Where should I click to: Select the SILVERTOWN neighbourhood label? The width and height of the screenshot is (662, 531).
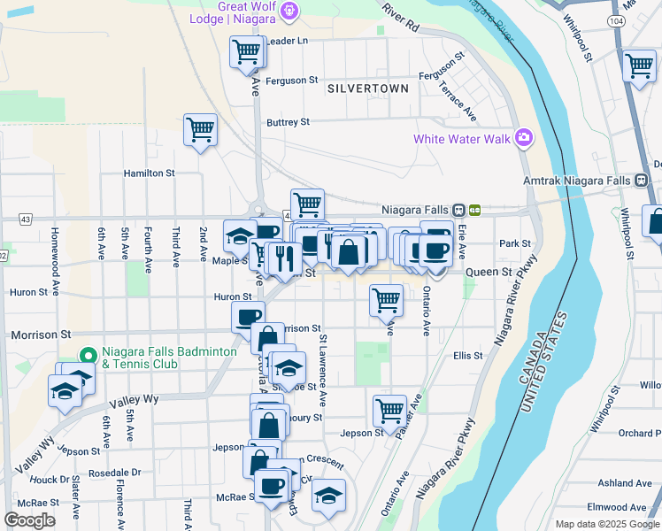click(x=367, y=88)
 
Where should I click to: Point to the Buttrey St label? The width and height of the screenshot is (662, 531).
click(x=289, y=122)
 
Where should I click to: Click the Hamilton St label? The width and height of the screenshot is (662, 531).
click(x=149, y=173)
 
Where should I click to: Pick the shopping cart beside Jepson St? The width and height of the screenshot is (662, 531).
click(x=389, y=410)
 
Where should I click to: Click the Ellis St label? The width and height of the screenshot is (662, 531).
click(x=467, y=356)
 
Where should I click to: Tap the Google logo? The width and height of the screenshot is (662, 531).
click(x=29, y=520)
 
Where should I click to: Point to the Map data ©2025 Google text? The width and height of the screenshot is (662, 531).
click(x=607, y=524)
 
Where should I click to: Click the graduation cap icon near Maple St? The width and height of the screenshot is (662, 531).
click(x=239, y=235)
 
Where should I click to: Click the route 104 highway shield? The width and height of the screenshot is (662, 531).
click(x=615, y=19)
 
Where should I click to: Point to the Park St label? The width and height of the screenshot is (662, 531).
click(x=514, y=243)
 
